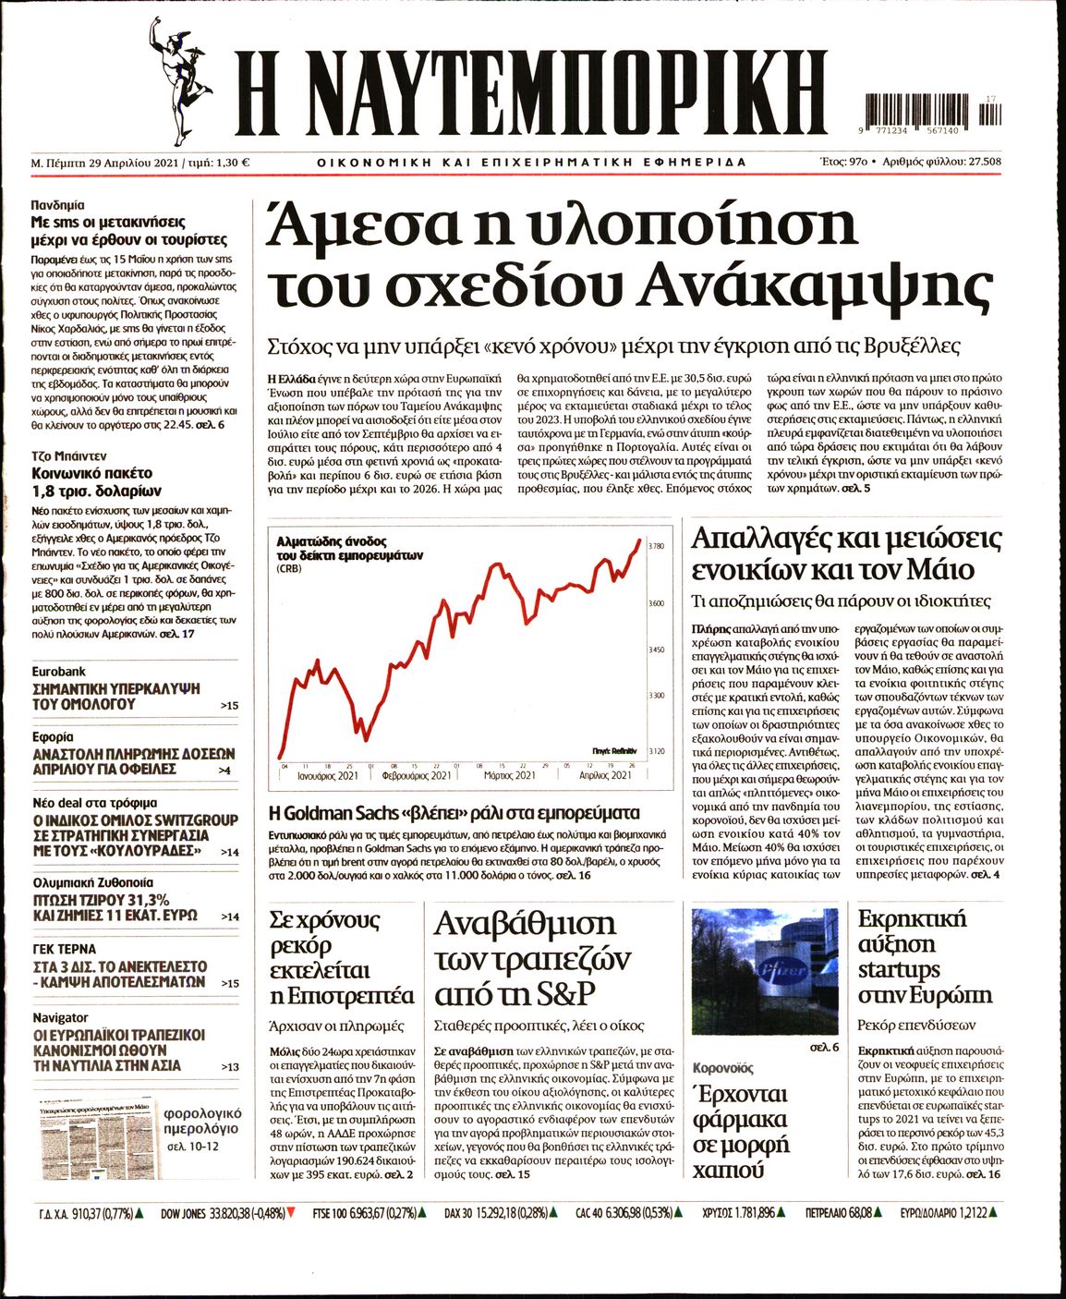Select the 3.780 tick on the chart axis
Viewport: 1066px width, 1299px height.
click(x=657, y=547)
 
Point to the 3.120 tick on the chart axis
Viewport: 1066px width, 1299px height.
click(x=657, y=752)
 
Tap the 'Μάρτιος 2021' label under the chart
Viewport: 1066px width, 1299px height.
click(x=509, y=775)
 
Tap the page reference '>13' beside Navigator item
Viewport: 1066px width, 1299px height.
click(x=230, y=1067)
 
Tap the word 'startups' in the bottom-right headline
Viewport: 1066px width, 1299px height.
click(x=899, y=970)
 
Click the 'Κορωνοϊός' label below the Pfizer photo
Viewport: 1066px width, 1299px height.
click(x=723, y=1067)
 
